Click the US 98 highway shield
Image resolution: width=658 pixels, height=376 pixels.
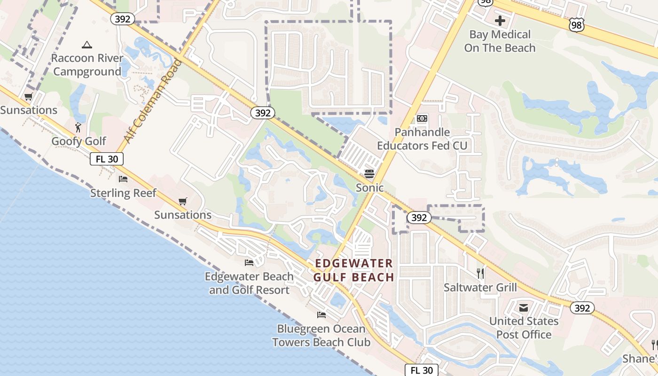point(577,25)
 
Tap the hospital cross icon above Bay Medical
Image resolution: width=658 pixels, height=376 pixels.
point(500,21)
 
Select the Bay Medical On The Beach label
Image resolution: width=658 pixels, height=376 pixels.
point(500,41)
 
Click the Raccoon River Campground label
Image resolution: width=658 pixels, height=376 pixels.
point(87,65)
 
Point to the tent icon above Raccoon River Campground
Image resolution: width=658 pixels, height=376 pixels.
point(86,45)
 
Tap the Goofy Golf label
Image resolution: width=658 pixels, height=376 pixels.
point(79,141)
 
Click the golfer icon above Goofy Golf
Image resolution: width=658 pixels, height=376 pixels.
point(78,127)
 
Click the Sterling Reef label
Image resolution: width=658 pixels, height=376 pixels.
point(123,193)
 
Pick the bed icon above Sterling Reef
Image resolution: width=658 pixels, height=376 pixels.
point(123,179)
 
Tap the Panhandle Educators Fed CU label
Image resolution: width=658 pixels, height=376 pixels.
point(422,139)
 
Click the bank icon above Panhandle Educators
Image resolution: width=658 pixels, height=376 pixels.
point(422,118)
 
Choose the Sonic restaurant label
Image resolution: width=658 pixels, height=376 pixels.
point(369,188)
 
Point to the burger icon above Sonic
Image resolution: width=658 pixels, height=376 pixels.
point(369,174)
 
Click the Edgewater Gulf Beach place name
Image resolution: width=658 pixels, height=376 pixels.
point(353,270)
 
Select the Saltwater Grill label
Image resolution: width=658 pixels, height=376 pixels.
point(480,288)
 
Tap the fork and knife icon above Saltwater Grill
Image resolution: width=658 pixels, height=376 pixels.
point(480,274)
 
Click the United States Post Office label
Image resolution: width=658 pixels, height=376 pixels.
point(524,328)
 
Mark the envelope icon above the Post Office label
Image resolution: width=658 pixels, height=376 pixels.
point(524,308)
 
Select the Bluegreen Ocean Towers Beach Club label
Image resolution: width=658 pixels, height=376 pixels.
point(321,336)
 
